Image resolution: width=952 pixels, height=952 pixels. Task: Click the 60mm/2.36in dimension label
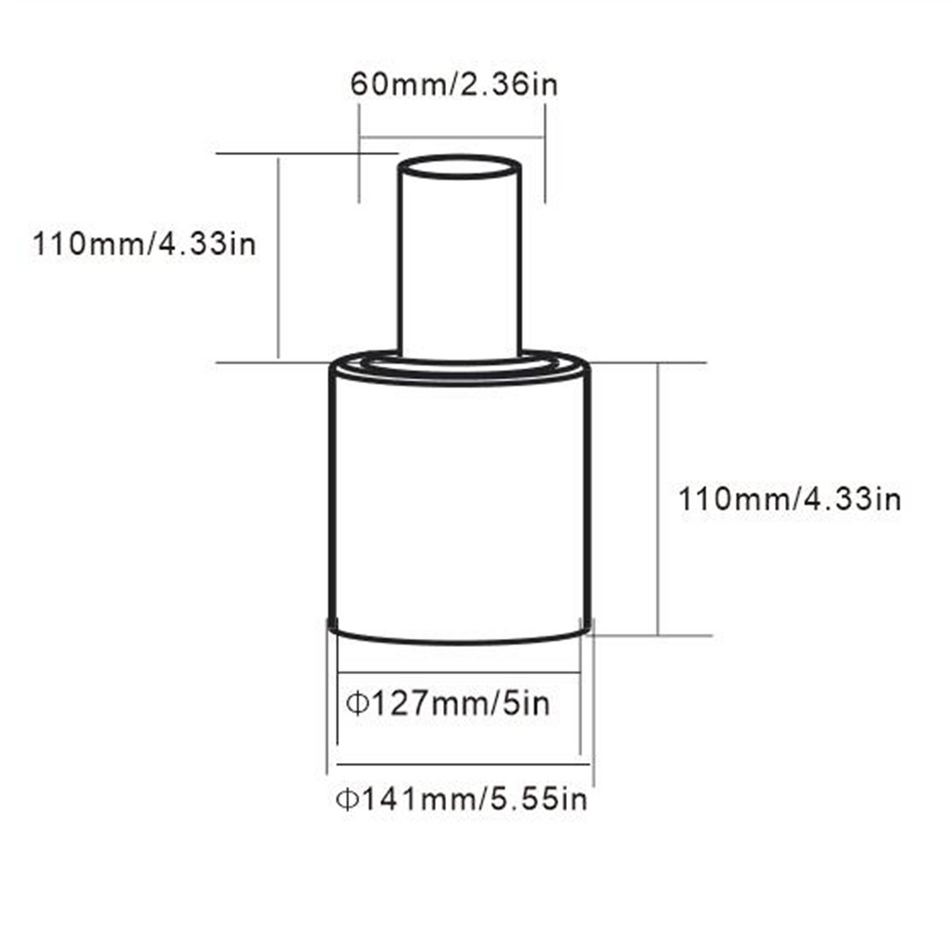453,83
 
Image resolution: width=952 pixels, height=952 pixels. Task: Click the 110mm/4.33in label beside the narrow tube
144,243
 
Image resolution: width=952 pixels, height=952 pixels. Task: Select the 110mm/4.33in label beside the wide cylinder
789,499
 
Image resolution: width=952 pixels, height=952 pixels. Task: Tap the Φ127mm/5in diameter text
449,703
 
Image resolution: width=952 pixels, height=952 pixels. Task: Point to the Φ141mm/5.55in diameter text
461,800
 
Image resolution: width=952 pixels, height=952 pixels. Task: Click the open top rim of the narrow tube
460,168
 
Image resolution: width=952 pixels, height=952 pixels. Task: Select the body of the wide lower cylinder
460,502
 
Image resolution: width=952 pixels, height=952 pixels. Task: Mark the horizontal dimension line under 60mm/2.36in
452,139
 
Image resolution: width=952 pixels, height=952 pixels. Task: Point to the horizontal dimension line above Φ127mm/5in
458,673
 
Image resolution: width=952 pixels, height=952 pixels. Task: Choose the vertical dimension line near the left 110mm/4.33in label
278,259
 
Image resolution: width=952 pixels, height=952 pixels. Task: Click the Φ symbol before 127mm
357,703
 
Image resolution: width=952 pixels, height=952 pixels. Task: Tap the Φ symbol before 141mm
346,800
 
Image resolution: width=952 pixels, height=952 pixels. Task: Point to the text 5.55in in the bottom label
538,800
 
